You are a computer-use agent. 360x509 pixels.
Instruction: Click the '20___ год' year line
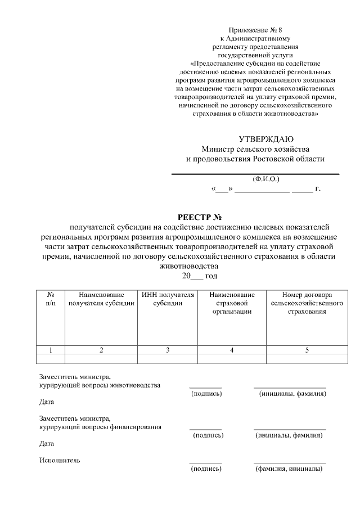coord(199,276)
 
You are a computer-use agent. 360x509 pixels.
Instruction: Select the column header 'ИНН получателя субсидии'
coord(168,299)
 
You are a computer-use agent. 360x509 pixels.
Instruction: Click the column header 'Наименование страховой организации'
coord(232,303)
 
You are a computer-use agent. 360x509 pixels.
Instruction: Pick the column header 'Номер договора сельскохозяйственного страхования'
coord(307,303)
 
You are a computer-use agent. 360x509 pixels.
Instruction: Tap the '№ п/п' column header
coord(51,299)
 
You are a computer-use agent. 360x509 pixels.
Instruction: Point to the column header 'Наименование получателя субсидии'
coord(101,299)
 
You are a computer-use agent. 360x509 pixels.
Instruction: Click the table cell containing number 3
coord(168,350)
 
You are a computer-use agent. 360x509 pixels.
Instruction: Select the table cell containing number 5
coord(307,350)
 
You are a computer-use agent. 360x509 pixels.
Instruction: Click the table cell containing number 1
coord(51,350)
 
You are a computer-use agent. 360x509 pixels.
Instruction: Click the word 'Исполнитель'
coord(60,460)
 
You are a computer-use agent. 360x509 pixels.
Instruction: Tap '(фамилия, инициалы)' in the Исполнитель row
coord(289,469)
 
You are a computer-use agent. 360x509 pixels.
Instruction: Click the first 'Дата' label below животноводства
coord(47,402)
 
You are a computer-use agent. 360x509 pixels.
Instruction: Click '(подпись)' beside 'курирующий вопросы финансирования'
coord(208,435)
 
